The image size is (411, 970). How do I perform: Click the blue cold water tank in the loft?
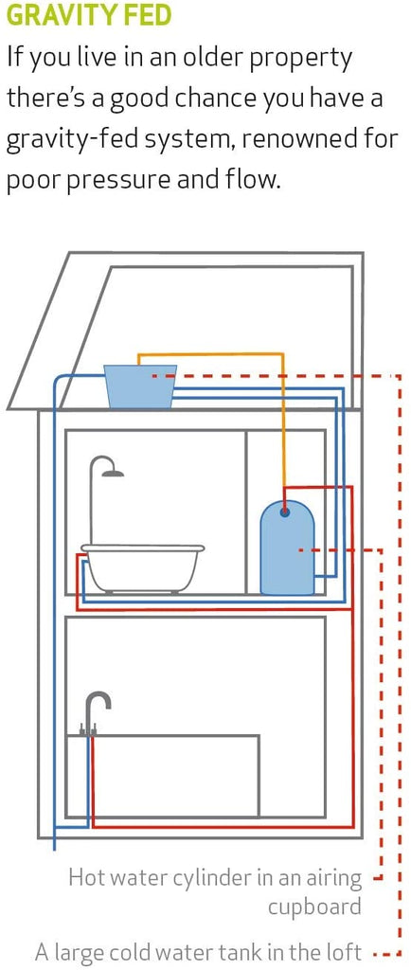pos(139,386)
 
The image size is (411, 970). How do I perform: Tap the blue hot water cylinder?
pos(287,548)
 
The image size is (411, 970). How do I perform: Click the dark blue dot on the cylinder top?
pos(284,512)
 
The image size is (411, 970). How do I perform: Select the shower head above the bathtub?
pos(113,474)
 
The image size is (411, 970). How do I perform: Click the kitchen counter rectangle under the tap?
pos(163,776)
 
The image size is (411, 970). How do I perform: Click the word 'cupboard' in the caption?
pos(314,907)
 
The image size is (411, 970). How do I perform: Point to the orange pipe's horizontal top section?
pos(210,354)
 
